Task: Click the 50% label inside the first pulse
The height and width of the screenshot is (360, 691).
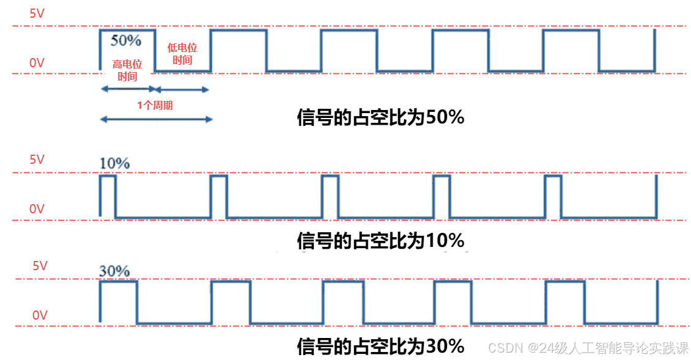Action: coord(126,40)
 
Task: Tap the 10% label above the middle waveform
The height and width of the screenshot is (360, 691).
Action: coord(114,163)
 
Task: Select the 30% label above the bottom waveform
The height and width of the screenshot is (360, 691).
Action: coord(114,270)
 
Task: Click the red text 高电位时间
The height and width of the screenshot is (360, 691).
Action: coord(127,70)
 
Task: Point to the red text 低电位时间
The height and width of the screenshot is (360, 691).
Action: coord(182,54)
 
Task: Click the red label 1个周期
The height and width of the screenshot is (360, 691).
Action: coord(155,105)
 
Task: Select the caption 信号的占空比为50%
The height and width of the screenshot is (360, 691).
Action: coord(380,117)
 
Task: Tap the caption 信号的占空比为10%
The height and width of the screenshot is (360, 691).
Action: coord(380,241)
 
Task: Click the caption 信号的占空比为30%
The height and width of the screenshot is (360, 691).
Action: coord(380,347)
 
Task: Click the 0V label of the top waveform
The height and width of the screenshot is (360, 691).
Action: coord(37,62)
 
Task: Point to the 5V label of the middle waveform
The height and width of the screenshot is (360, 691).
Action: coord(37,160)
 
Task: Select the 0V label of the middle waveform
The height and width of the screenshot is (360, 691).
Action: coord(37,209)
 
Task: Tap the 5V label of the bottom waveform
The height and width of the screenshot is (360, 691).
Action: coord(40,266)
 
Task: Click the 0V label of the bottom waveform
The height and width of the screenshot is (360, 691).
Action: coord(40,315)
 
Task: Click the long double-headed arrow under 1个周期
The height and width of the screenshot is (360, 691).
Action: coord(156,119)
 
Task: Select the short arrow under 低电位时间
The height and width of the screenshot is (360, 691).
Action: coord(182,90)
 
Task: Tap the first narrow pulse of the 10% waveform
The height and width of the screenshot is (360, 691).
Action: coord(108,196)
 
